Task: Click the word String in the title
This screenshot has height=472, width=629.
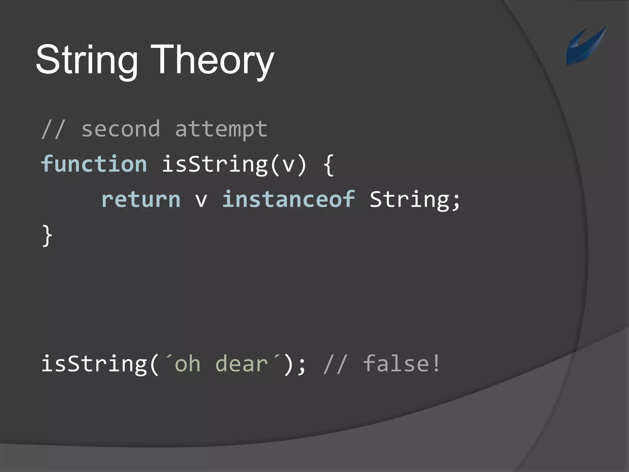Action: [87, 60]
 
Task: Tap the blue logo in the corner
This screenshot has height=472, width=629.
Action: [586, 45]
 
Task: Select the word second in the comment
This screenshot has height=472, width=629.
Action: [121, 129]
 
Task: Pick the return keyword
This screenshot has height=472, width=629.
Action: [141, 199]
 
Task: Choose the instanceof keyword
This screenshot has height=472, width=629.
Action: [288, 199]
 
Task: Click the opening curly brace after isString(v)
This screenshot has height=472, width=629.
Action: [329, 165]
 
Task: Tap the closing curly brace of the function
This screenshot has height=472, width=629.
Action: [47, 235]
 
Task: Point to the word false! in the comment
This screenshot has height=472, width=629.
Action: [402, 364]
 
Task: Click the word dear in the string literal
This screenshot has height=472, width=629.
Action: [241, 364]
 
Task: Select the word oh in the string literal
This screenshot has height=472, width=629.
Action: [187, 364]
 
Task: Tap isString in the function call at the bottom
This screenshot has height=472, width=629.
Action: [94, 364]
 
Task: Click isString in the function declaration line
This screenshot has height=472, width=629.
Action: [214, 164]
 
